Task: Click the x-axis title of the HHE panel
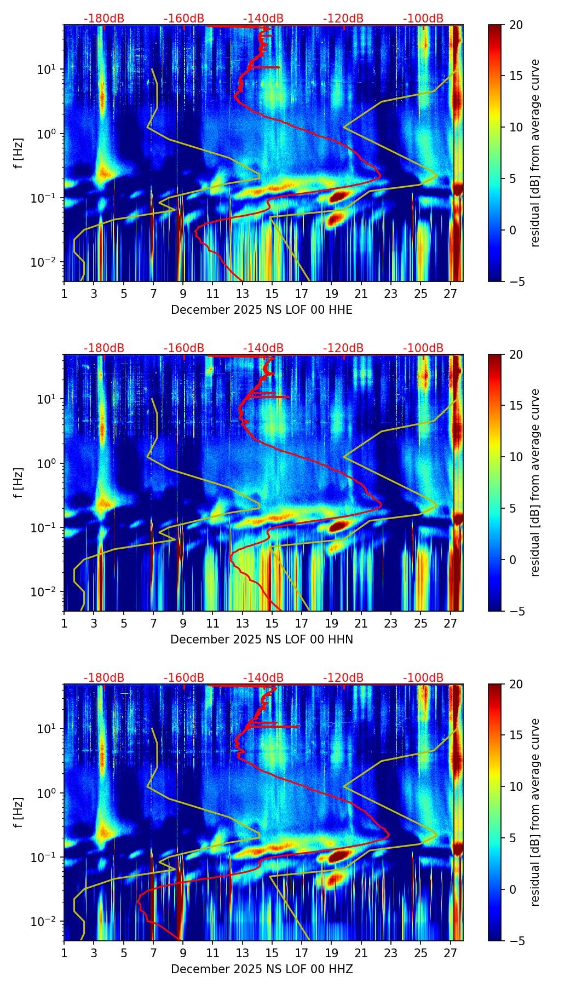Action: click(262, 310)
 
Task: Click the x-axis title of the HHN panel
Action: click(262, 640)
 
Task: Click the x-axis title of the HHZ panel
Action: click(262, 969)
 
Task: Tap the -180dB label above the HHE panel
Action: click(104, 19)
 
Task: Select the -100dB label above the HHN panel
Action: click(423, 348)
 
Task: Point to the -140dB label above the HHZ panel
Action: click(263, 678)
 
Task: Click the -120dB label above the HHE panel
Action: click(343, 19)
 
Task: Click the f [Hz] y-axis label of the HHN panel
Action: click(18, 482)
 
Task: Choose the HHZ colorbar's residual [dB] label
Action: click(535, 812)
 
